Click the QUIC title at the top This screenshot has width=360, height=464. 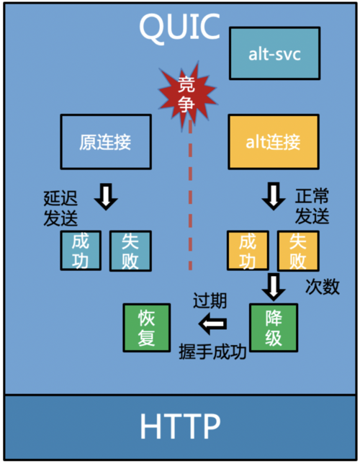[x=179, y=27]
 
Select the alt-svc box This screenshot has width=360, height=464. [x=274, y=53]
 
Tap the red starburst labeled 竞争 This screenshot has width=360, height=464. [x=187, y=94]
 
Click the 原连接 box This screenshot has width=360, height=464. [x=106, y=142]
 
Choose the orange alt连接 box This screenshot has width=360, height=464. [x=274, y=142]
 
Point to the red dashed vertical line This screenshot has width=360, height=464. [x=191, y=195]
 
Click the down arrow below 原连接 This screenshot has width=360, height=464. [x=106, y=196]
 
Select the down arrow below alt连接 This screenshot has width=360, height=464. [x=274, y=196]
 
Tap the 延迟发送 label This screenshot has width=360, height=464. [x=60, y=208]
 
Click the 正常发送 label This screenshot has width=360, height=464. [x=312, y=207]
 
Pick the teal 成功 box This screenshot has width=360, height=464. [x=81, y=251]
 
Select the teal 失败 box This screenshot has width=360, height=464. [x=130, y=251]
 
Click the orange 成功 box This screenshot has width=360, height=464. [x=248, y=251]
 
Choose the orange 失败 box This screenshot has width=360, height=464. [x=298, y=251]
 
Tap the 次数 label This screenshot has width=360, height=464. [x=323, y=287]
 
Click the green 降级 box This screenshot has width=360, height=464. [x=274, y=328]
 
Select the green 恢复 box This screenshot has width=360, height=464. [x=147, y=328]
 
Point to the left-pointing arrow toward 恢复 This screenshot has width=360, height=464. [x=212, y=324]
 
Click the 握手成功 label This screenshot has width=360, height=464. [x=212, y=352]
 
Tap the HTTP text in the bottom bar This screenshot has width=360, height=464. [x=180, y=427]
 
